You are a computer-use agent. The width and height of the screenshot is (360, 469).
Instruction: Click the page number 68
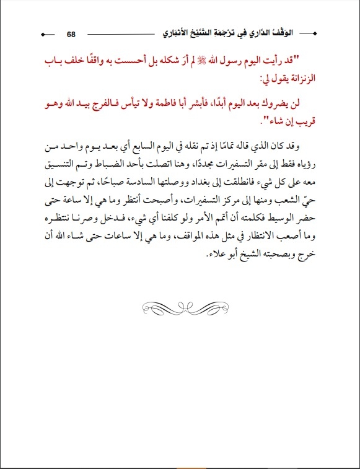coord(69,32)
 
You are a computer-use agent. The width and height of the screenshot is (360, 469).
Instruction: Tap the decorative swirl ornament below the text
coord(179,307)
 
